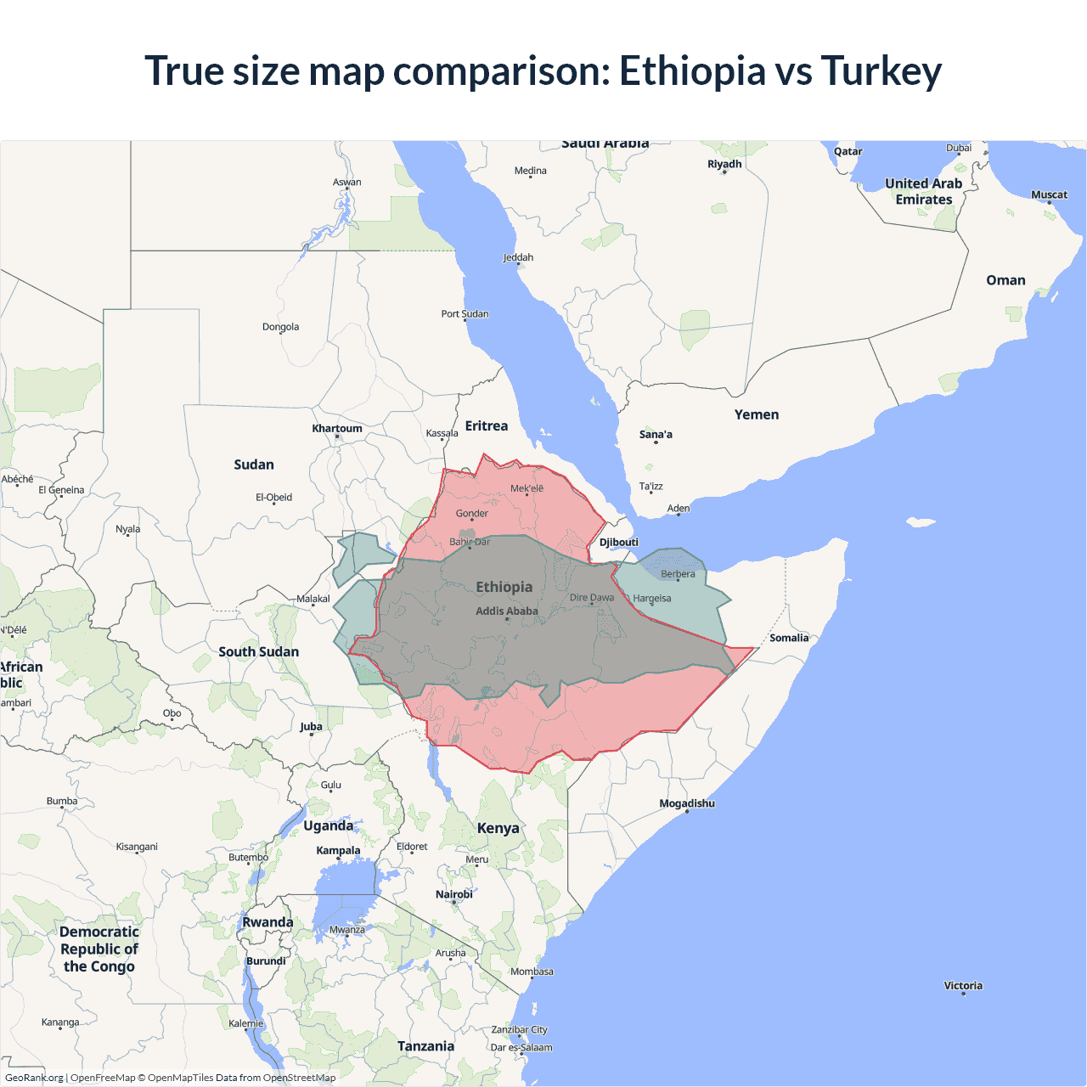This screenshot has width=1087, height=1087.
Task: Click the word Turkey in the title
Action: click(x=881, y=71)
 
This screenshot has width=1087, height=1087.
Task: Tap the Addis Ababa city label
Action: click(x=507, y=611)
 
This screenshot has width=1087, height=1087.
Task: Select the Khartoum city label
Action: click(x=337, y=429)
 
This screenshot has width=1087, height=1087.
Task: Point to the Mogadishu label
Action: click(x=687, y=803)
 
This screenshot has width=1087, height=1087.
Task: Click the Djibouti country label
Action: click(x=619, y=543)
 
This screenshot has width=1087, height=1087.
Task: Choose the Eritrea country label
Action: click(x=487, y=426)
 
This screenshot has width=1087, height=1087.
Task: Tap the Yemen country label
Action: click(x=757, y=415)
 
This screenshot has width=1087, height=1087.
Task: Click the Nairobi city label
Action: click(x=454, y=894)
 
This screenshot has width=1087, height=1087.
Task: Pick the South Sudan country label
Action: click(x=259, y=652)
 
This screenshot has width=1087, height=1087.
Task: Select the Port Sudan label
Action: click(x=465, y=314)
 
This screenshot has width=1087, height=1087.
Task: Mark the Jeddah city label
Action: click(x=518, y=257)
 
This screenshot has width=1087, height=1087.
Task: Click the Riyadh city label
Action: click(x=724, y=164)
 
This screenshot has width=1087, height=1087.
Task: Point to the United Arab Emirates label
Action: click(x=924, y=192)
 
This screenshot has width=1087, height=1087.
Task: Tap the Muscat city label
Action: click(x=1049, y=194)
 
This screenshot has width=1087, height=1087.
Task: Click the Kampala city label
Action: click(x=338, y=851)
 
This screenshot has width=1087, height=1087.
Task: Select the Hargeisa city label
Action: click(x=651, y=599)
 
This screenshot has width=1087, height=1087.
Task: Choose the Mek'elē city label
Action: click(x=527, y=488)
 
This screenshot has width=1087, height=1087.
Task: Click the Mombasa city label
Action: click(x=532, y=972)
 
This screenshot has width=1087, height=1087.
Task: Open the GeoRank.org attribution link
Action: click(x=34, y=1078)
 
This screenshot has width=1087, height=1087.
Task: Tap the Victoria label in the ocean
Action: click(x=963, y=986)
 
